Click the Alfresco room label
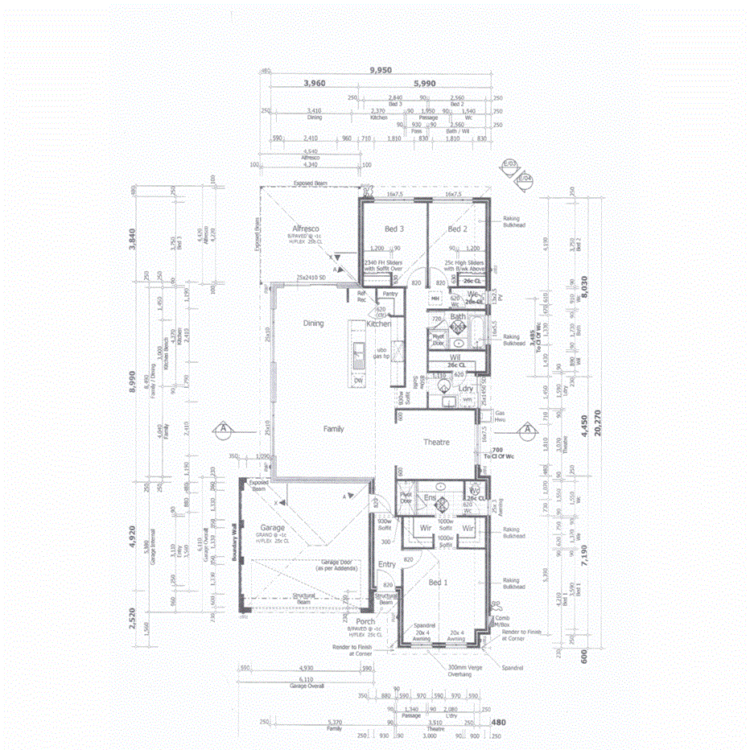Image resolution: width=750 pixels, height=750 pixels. (307, 228)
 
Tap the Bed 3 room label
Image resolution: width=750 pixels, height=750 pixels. (394, 229)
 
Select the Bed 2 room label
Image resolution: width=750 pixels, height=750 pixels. (458, 229)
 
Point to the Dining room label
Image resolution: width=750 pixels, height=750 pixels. (313, 323)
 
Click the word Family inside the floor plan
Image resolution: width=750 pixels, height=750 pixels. (334, 429)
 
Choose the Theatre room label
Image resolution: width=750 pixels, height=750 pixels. (436, 443)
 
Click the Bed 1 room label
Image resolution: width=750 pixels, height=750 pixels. (439, 582)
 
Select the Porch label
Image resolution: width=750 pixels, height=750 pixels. (365, 621)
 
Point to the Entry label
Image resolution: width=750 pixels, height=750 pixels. (387, 565)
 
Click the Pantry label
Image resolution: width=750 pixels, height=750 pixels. (390, 294)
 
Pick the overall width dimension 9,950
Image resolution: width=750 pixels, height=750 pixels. (381, 70)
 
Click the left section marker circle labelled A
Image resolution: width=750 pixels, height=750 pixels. (223, 429)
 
